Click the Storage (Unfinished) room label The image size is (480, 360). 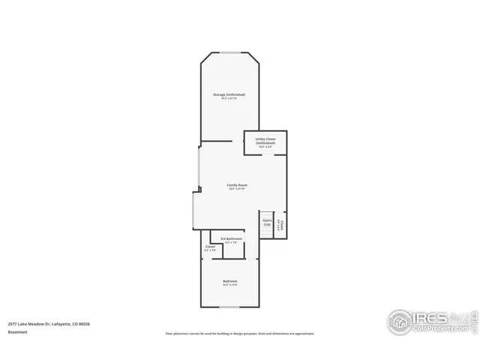point(229,94)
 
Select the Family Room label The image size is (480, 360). point(238,184)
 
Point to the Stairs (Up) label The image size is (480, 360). point(266,222)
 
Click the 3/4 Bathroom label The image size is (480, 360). point(231,238)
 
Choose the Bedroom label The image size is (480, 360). point(229,280)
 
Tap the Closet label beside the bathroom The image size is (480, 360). point(210,247)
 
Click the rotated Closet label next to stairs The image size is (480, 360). point(281,224)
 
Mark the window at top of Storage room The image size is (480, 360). point(229,53)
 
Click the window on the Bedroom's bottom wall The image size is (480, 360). point(229,307)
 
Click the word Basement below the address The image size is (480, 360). point(18,331)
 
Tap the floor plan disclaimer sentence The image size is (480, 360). point(240,333)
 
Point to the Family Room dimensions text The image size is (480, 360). point(238,189)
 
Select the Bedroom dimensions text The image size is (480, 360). point(229,285)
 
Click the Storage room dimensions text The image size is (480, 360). point(229,99)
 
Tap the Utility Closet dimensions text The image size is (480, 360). point(265,147)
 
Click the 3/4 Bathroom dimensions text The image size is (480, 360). point(231,243)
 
